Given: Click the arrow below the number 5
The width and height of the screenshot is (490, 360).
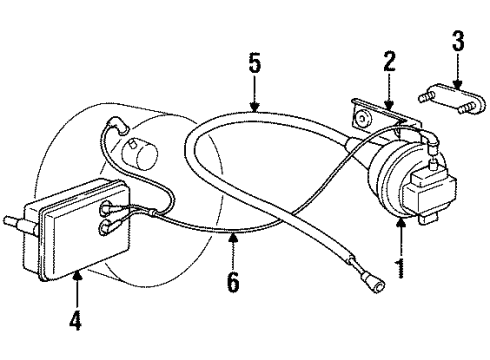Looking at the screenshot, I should click(x=255, y=100).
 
